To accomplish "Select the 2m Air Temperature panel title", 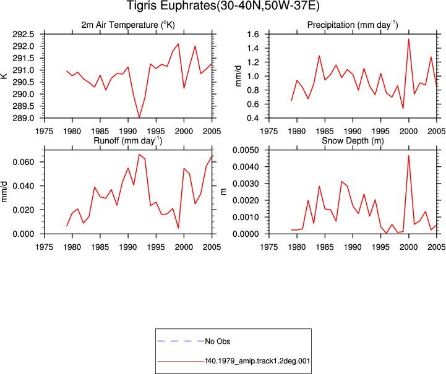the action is (x=128, y=25).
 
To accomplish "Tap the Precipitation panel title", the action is (x=353, y=25).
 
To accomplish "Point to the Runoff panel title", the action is (x=128, y=141).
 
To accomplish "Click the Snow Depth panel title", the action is (x=353, y=141).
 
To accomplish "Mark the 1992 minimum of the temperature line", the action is (x=139, y=117).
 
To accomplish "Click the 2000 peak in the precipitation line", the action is (x=409, y=39).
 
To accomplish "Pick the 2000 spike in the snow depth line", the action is (x=409, y=156).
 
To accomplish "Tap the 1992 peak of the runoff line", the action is (x=139, y=155).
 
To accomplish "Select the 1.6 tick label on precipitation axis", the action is (x=253, y=35).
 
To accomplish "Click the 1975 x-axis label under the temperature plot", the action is (x=45, y=131).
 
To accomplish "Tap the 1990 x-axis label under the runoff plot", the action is (x=128, y=247).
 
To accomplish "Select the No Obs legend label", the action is (x=218, y=341).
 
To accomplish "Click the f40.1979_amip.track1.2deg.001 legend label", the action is (x=258, y=361).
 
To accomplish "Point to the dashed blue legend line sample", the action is (x=181, y=341).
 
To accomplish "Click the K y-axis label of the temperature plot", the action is (x=4, y=76).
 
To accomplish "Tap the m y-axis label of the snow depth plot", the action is (x=224, y=192).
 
